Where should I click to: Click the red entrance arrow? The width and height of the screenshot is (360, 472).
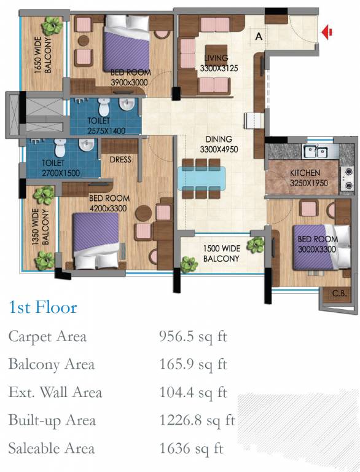pyautogui.click(x=326, y=32)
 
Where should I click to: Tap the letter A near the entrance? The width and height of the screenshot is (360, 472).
pyautogui.click(x=259, y=36)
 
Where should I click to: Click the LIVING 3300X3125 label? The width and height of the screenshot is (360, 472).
pyautogui.click(x=219, y=63)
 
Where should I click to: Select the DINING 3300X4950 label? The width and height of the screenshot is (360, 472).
pyautogui.click(x=219, y=144)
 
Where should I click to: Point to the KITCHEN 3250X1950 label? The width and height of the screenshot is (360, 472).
pyautogui.click(x=308, y=178)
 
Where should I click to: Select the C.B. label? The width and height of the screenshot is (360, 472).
pyautogui.click(x=339, y=293)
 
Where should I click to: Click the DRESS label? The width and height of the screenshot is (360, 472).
pyautogui.click(x=120, y=160)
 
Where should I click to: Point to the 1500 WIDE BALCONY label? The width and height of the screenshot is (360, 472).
pyautogui.click(x=222, y=253)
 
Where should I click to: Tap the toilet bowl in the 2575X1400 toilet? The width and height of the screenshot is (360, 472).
pyautogui.click(x=104, y=106)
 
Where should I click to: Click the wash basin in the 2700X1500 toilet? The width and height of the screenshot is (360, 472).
pyautogui.click(x=87, y=145)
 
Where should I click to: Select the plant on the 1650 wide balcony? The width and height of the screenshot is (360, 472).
pyautogui.click(x=52, y=26)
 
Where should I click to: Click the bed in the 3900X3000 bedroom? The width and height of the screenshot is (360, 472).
pyautogui.click(x=127, y=43)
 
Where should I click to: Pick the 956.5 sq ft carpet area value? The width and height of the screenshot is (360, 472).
pyautogui.click(x=193, y=336)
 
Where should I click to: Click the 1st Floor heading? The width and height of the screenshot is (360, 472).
pyautogui.click(x=43, y=307)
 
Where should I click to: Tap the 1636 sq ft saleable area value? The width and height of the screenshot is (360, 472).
pyautogui.click(x=191, y=448)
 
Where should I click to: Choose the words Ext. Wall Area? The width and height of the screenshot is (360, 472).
pyautogui.click(x=55, y=392)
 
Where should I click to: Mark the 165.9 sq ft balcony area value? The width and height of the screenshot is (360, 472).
pyautogui.click(x=193, y=364)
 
